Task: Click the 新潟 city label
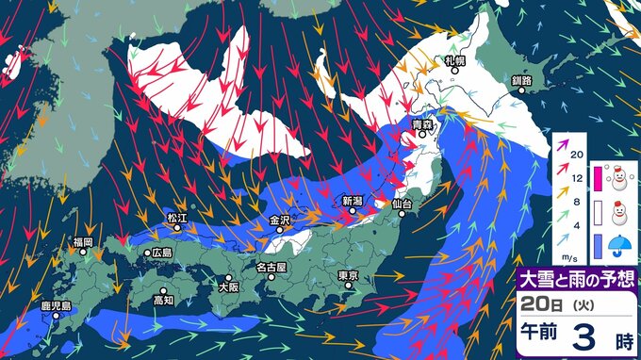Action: click(x=353, y=201)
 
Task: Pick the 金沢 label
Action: click(x=280, y=221)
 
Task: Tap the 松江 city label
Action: click(x=177, y=219)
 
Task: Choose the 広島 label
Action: click(x=162, y=253)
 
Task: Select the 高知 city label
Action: click(x=164, y=301)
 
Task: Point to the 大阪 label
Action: click(x=227, y=286)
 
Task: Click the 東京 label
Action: click(x=348, y=276)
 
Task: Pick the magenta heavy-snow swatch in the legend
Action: click(x=597, y=175)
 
